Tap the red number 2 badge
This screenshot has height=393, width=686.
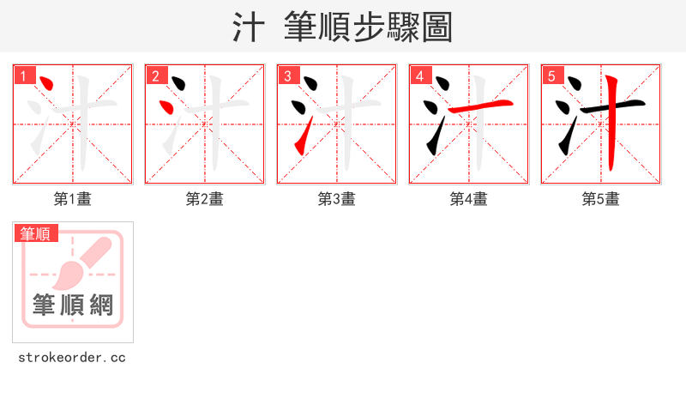coord(154,76)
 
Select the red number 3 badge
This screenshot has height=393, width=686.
coord(286,76)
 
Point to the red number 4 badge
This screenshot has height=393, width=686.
coord(418,76)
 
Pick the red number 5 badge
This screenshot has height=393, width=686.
coord(551,76)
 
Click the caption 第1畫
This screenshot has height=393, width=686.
coord(73,199)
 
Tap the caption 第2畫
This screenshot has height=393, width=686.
coord(205,199)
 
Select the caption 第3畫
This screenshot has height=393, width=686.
coord(337,199)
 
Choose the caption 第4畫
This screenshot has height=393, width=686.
coord(469,199)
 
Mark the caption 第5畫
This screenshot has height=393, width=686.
coord(601,199)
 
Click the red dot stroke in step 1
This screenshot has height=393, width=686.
coord(48,86)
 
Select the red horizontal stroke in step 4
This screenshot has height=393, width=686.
coord(489,105)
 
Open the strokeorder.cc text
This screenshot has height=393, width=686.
coord(72,357)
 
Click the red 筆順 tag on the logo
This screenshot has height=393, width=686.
coord(35,233)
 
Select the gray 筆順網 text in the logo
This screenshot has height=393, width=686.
coord(73,305)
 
